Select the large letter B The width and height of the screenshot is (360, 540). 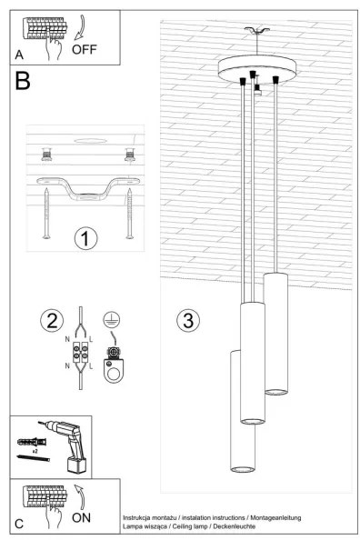[x=23, y=83]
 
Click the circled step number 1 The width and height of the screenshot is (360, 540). [x=85, y=238]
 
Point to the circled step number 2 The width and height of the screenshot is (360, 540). [x=52, y=319]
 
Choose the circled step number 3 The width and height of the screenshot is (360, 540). [x=188, y=320]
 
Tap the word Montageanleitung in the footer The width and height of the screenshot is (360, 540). [x=271, y=516]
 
